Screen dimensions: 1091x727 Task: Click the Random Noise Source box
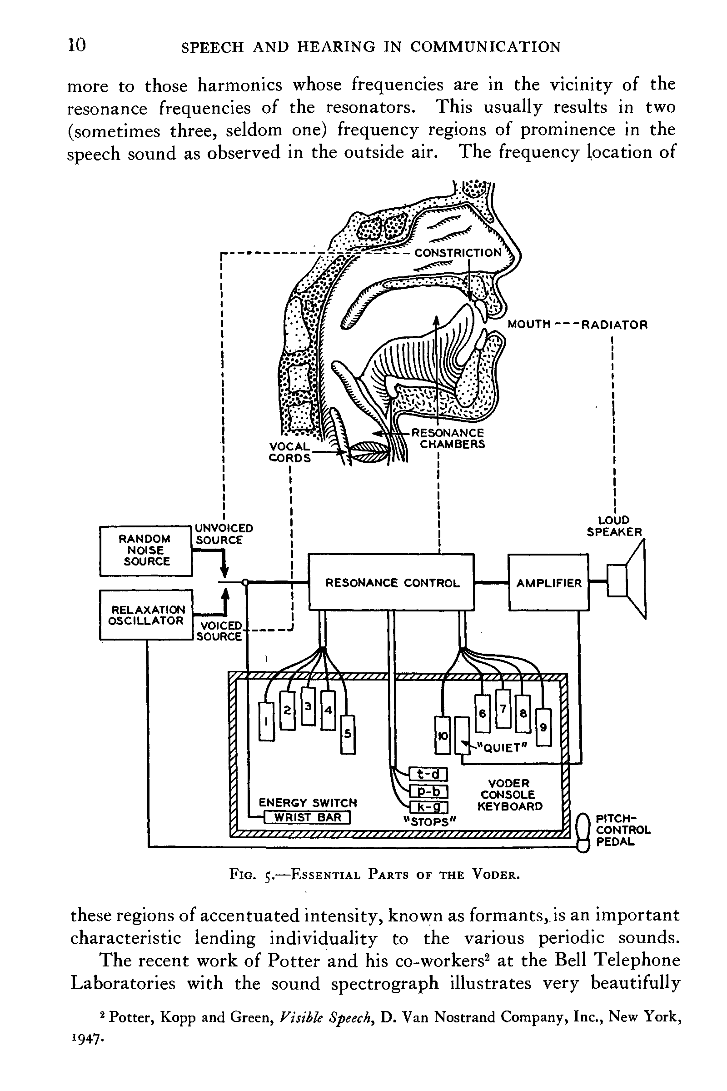145,551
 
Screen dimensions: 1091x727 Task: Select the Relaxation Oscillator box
145,615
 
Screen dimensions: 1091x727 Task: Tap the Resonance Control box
392,583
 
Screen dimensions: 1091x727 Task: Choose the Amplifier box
548,583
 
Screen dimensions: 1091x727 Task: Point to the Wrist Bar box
308,817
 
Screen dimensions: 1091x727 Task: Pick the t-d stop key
428,774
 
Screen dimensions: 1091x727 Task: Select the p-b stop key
428,791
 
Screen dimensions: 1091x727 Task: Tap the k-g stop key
428,808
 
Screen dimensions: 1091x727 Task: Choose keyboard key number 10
442,735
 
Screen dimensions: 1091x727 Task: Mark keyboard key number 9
543,727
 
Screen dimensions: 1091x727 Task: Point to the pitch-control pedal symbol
582,833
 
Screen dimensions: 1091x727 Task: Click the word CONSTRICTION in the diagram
458,253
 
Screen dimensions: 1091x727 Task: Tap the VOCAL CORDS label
290,452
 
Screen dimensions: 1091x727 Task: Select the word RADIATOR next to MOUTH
614,325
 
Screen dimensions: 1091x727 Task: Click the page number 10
77,45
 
